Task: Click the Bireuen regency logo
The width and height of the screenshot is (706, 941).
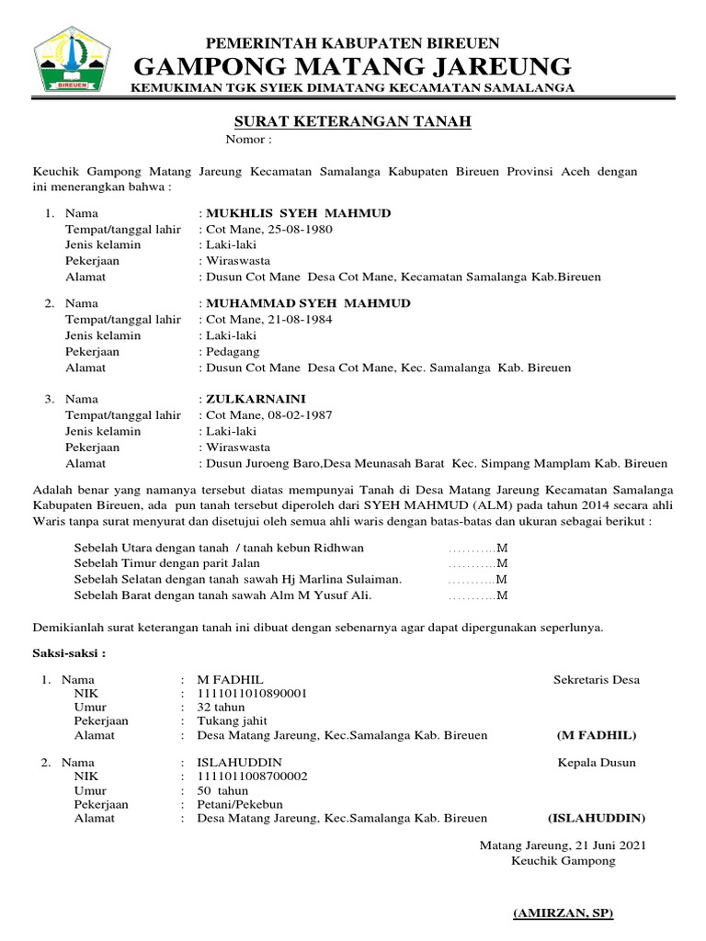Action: pos(71,60)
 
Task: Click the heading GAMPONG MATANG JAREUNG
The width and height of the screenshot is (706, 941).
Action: pos(352,66)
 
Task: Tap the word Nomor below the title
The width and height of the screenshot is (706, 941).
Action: pos(245,140)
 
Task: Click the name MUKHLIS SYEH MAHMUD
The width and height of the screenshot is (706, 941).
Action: pos(299,213)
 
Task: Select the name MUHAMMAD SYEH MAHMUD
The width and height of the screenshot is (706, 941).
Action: pos(309,302)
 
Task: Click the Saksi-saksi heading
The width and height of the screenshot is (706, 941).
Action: pos(69,654)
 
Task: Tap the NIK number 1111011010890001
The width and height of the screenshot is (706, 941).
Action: pos(253,694)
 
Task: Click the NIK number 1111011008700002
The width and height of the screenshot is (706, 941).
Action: pos(253,777)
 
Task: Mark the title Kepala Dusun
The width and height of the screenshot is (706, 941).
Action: pos(597,762)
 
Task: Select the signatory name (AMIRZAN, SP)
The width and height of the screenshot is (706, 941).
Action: pos(563,913)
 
